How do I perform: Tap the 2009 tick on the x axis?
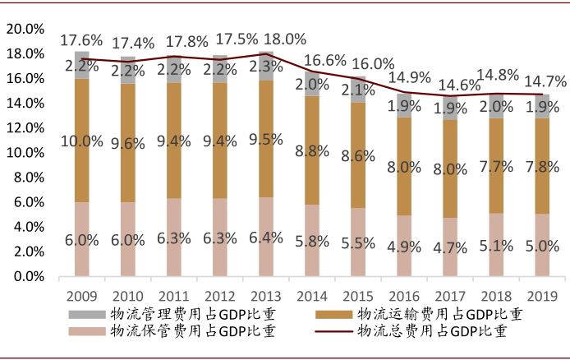pos(81,294)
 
